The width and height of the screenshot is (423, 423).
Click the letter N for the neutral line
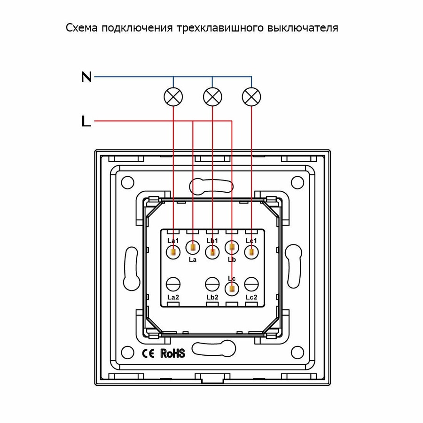[x=86, y=76]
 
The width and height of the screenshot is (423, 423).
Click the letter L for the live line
[x=86, y=121]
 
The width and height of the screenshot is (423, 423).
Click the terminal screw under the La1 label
[x=173, y=252]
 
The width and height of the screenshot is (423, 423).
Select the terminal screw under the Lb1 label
[x=212, y=252]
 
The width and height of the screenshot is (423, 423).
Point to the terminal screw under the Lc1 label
[x=251, y=252]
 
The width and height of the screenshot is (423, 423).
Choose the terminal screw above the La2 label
[x=173, y=284]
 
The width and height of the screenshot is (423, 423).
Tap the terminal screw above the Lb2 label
[x=212, y=284]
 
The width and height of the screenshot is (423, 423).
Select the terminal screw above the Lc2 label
[x=251, y=284]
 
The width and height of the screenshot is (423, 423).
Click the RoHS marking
[x=173, y=353]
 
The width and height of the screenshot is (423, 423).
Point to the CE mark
[x=149, y=353]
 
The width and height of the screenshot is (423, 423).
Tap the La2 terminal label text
[x=173, y=297]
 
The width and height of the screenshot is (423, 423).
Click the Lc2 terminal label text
[x=251, y=297]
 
